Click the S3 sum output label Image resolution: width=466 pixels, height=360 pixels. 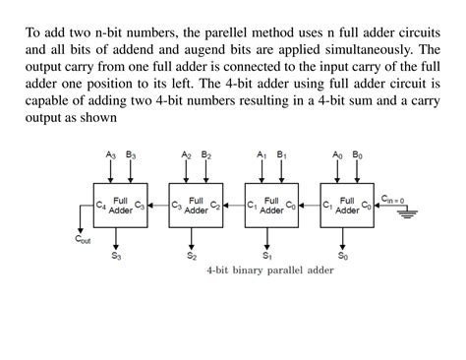(117, 255)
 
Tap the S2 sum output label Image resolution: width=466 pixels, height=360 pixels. (193, 255)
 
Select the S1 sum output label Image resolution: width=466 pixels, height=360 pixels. (268, 255)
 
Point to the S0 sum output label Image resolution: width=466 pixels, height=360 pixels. (344, 255)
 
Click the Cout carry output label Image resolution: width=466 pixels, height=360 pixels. (84, 237)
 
